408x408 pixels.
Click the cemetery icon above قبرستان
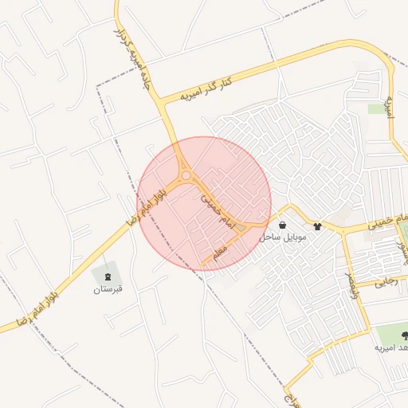click(108, 276)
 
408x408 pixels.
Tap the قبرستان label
click(108, 288)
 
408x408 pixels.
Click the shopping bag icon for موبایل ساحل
click(284, 226)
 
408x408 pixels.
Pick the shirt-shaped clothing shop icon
click(319, 226)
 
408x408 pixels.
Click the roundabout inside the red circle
click(186, 175)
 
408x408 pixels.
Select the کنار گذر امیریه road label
click(206, 88)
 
